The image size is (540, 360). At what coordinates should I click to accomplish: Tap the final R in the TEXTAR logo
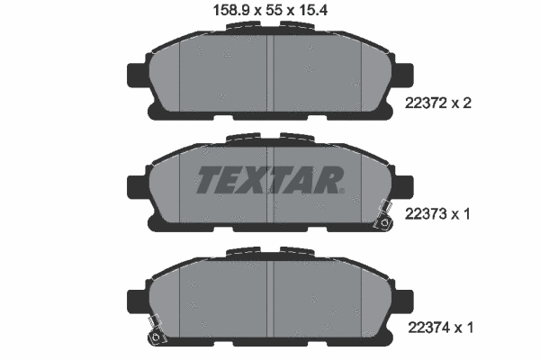(x=329, y=180)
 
